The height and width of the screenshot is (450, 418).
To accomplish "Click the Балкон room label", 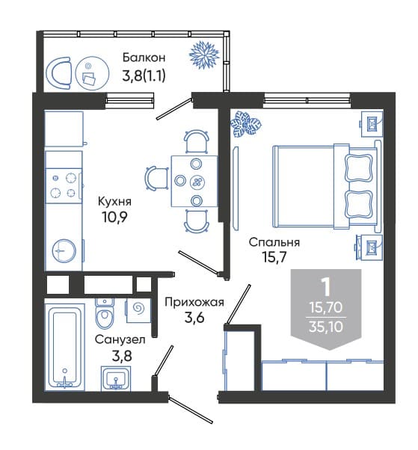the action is pos(144,58).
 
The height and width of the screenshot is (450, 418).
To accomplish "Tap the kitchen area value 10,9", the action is pos(114,218).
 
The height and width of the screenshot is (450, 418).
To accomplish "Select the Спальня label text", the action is pos(274,242).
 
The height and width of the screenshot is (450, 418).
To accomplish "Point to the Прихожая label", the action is pos(194,302).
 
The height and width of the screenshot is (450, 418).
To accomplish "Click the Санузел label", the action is pos(120,340).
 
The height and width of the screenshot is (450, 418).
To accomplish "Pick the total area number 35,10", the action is pos(326,327).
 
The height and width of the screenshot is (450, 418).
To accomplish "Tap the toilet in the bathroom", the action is pos(105,313).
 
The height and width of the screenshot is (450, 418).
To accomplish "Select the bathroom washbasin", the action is pos(116,378).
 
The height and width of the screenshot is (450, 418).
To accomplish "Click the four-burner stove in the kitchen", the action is pos(64,186).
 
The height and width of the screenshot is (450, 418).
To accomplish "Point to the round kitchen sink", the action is pos(64,251).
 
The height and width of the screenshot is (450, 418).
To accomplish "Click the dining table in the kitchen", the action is pos(194,181).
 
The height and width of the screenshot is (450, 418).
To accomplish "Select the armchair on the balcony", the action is pos(58,73).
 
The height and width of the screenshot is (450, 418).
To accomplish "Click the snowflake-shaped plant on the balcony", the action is pos(204,55).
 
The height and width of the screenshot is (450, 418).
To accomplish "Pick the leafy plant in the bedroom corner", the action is pos(246,124).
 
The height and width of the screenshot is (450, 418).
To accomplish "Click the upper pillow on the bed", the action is pos(359,168).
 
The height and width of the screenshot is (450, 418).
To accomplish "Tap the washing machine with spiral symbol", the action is pos(138,310).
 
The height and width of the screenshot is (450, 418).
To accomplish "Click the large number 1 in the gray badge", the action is pos(326,288).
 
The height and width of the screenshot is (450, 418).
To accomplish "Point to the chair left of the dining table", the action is pos(156,178).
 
